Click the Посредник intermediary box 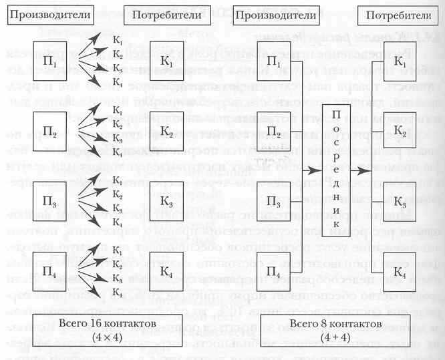[x=336, y=173]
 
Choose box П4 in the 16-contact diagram [x=51, y=269]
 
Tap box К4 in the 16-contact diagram [x=168, y=269]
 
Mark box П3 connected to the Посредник [x=274, y=200]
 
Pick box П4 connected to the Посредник [x=274, y=270]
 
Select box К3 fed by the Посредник [x=399, y=200]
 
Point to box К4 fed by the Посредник [x=399, y=270]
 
